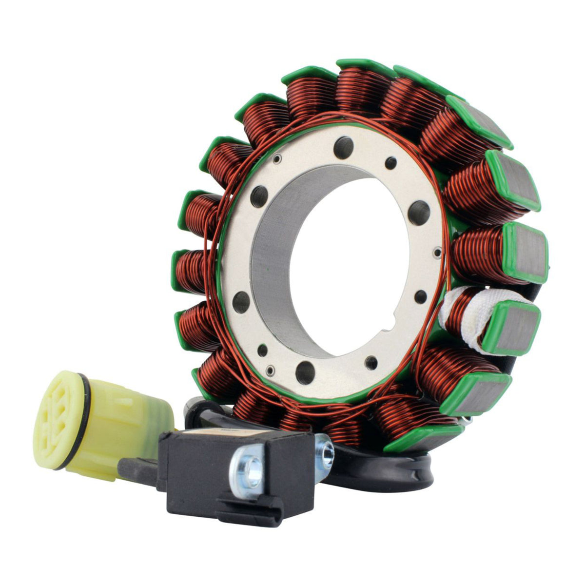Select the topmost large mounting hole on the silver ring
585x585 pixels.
click(346, 145)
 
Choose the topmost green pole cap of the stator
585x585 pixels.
click(363, 66)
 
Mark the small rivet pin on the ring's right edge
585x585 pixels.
click(437, 252)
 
